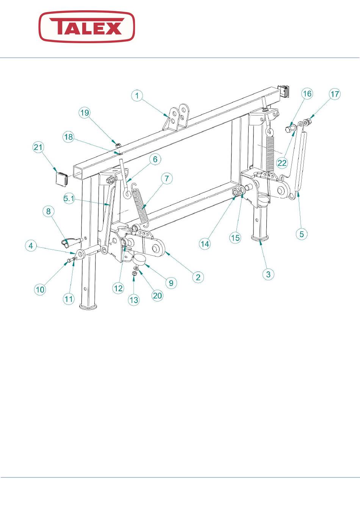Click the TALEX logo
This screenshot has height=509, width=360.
tap(87, 27)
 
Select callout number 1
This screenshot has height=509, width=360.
tap(137, 96)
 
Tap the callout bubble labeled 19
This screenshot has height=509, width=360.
tap(85, 113)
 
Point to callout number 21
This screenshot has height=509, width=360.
tap(38, 147)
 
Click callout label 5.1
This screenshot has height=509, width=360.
tap(69, 198)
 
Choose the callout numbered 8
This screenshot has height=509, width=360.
tap(49, 212)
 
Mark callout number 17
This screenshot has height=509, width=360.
tap(335, 94)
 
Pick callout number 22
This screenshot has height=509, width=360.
tap(282, 163)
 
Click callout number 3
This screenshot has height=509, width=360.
tap(268, 274)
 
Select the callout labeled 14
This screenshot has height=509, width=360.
tap(205, 244)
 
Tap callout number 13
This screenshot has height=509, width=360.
tap(134, 300)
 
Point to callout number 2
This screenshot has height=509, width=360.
tap(198, 277)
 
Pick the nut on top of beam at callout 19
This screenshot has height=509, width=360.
tap(118, 145)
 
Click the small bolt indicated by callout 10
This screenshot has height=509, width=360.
tap(70, 259)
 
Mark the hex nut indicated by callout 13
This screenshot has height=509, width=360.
tap(134, 273)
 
